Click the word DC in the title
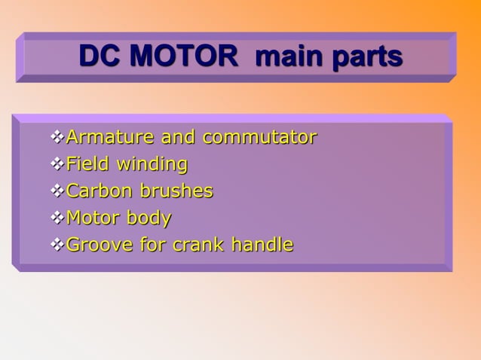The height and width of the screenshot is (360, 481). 100,57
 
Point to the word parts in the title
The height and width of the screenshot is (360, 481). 366,58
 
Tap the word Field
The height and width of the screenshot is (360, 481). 85,164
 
